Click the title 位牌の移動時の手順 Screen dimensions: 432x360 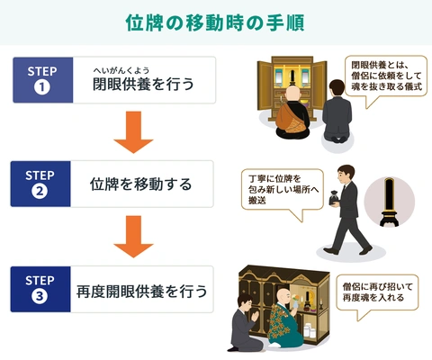[x=215, y=22]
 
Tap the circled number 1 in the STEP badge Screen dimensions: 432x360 [x=42, y=87]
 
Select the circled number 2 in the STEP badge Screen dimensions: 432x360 [x=40, y=191]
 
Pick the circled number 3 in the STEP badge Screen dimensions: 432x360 [x=40, y=296]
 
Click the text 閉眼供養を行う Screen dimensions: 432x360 [x=143, y=84]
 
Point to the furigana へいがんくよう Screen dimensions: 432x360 [x=121, y=70]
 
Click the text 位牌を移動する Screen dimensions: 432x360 [x=140, y=184]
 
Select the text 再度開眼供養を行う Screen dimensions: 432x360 [x=141, y=292]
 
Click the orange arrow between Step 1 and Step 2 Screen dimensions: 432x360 [x=133, y=132]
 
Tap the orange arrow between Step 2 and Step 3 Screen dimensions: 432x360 [x=133, y=237]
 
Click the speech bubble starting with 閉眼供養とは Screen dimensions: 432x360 [x=386, y=76]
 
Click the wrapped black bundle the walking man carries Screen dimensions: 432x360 [x=334, y=197]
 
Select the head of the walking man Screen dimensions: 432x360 [x=346, y=174]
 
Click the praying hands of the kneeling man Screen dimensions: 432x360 [x=255, y=316]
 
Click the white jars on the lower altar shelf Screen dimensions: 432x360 [x=310, y=331]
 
